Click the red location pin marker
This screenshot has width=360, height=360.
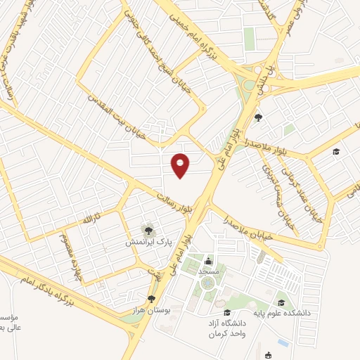[x=181, y=165]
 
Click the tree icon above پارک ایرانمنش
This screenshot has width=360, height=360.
[x=148, y=229]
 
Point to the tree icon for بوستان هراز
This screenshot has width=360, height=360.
[x=150, y=299]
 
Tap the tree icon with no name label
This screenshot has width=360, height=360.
[x=257, y=117]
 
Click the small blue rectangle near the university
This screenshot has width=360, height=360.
[x=283, y=342]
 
